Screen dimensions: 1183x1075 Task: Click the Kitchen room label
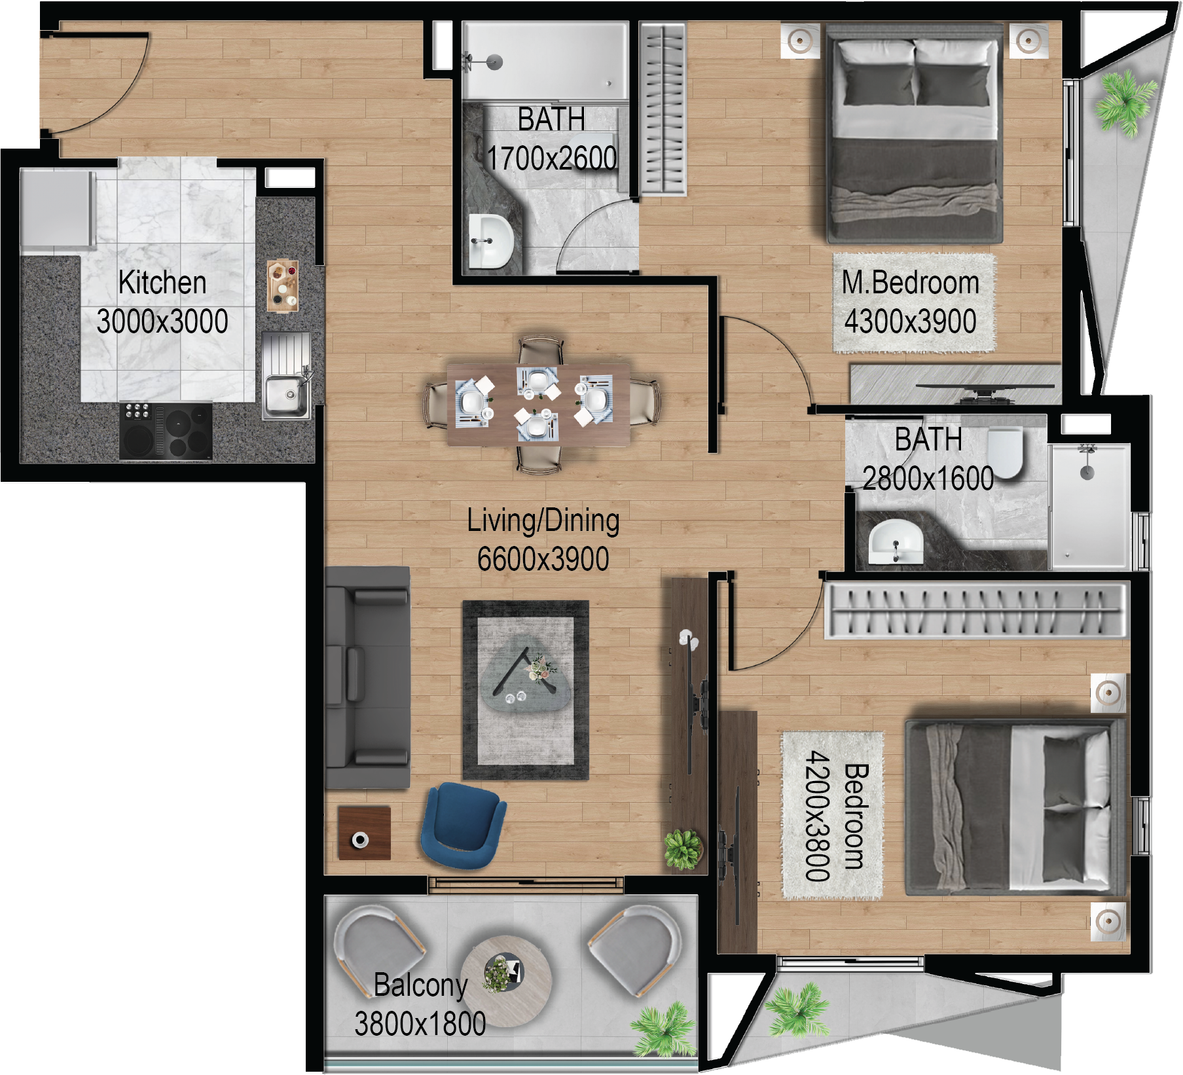point(162,283)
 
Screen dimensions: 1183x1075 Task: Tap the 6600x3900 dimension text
point(543,559)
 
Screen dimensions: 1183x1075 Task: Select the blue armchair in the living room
point(462,826)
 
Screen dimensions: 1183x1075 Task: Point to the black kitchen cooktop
point(166,431)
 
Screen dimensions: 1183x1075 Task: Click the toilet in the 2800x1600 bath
point(1005,452)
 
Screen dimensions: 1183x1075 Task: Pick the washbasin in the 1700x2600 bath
point(490,242)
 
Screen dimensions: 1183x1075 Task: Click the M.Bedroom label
point(910,283)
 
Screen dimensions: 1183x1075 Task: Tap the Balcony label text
point(420,985)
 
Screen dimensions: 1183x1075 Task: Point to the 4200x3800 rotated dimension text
point(817,816)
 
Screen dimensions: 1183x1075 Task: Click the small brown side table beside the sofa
point(364,833)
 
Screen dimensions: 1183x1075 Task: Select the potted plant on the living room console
point(683,848)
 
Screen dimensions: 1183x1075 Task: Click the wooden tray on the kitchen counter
point(283,286)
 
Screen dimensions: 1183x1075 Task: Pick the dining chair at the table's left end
point(437,405)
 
